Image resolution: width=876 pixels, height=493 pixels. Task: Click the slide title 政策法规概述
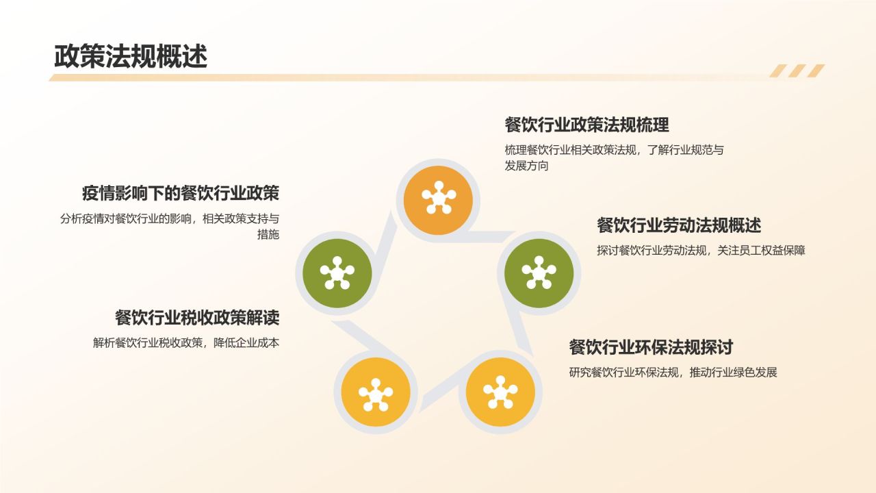pyautogui.click(x=131, y=56)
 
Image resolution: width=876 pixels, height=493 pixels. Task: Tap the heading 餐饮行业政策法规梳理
pyautogui.click(x=587, y=125)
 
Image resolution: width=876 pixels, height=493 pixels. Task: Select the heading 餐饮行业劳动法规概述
pyautogui.click(x=679, y=225)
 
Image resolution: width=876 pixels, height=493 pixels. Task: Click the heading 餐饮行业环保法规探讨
pyautogui.click(x=651, y=347)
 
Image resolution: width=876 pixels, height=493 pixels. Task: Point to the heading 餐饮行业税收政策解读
pyautogui.click(x=197, y=317)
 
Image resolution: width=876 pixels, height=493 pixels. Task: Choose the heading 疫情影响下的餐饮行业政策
pyautogui.click(x=181, y=193)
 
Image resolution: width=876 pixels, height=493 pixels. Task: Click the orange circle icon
pyautogui.click(x=438, y=200)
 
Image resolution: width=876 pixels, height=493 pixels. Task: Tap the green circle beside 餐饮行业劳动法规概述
pyautogui.click(x=539, y=273)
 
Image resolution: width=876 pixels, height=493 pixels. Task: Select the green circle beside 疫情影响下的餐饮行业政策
pyautogui.click(x=337, y=273)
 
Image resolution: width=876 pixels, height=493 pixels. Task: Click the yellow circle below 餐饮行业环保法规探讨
pyautogui.click(x=500, y=392)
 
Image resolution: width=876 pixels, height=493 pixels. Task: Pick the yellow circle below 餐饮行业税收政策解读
pyautogui.click(x=376, y=392)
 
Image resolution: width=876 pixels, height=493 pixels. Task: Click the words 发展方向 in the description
pyautogui.click(x=526, y=166)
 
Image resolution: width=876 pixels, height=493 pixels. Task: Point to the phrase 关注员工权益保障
pyautogui.click(x=761, y=251)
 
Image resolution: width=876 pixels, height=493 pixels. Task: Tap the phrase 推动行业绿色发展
pyautogui.click(x=733, y=372)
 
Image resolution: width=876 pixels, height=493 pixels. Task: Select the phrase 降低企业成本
pyautogui.click(x=246, y=343)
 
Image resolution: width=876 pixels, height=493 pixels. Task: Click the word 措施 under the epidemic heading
pyautogui.click(x=268, y=234)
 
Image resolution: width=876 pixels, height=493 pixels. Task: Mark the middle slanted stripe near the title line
pyautogui.click(x=797, y=71)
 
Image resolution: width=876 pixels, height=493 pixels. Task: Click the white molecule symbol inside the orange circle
pyautogui.click(x=439, y=198)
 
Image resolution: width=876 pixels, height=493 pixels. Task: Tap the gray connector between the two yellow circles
pyautogui.click(x=440, y=390)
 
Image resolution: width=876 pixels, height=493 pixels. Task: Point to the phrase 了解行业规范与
pyautogui.click(x=685, y=150)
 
